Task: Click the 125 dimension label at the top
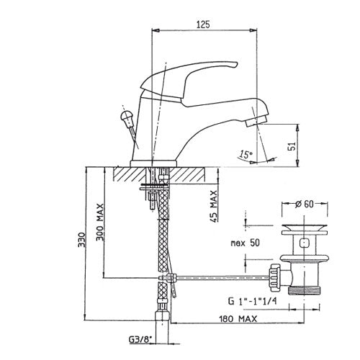tap(203, 24)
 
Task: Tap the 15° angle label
tap(246, 154)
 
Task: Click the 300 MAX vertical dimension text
tap(100, 222)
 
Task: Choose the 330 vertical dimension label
tap(81, 239)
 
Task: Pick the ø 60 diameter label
tap(305, 204)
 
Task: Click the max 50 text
tap(245, 243)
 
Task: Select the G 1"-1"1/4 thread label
tap(252, 301)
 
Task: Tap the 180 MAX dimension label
tap(238, 319)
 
